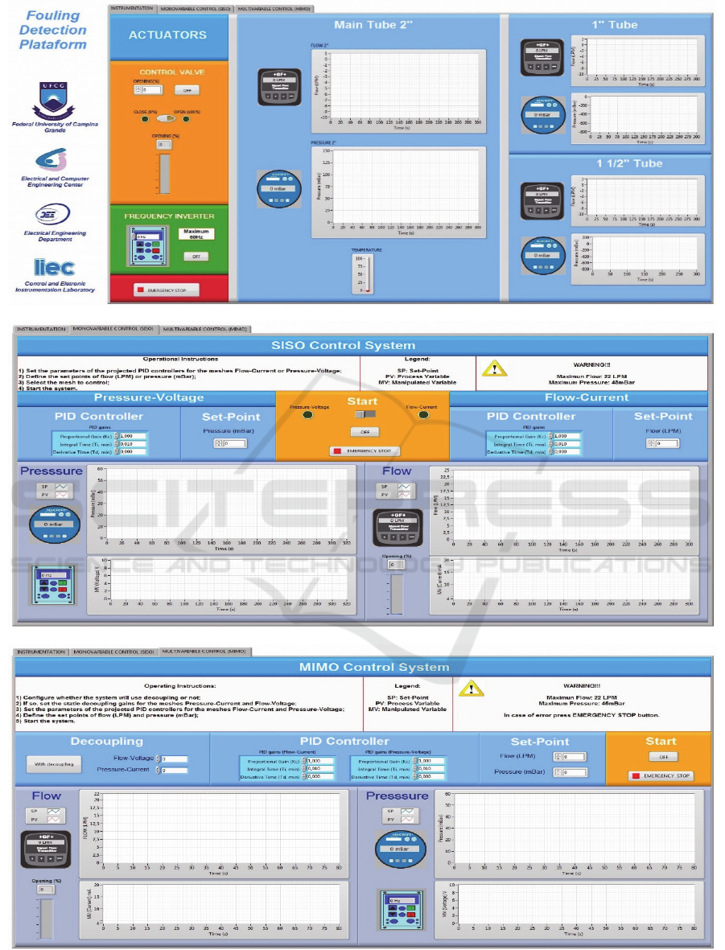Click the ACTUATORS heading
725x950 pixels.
click(x=167, y=35)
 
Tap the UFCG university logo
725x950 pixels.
click(x=52, y=101)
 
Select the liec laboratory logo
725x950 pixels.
click(x=53, y=268)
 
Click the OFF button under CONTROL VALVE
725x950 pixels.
click(x=187, y=90)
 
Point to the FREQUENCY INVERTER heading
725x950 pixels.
click(x=169, y=216)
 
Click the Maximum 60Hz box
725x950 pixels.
click(x=196, y=235)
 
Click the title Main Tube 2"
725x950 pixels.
click(x=373, y=25)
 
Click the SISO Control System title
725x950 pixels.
click(x=362, y=346)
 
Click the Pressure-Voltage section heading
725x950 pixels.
click(x=149, y=397)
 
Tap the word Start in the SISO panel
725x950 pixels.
click(x=362, y=401)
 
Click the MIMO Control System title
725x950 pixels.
click(x=363, y=667)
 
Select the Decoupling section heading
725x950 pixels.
click(x=106, y=742)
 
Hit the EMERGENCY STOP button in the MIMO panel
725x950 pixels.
click(x=660, y=776)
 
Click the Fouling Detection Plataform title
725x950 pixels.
click(x=52, y=30)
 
